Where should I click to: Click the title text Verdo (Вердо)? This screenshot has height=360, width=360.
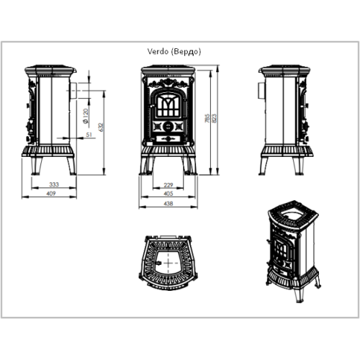174,52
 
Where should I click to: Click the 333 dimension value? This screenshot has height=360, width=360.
54,184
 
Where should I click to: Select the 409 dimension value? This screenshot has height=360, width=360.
51,194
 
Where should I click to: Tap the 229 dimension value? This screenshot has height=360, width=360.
168,185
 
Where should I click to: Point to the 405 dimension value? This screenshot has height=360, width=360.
168,194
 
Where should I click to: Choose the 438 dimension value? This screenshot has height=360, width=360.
168,204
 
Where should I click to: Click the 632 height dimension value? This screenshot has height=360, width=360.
101,127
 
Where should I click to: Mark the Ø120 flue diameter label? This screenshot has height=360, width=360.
86,116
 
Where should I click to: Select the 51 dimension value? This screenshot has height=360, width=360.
89,135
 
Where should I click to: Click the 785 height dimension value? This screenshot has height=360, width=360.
207,118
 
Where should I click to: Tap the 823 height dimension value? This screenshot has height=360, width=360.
214,118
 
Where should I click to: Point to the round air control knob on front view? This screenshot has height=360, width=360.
168,125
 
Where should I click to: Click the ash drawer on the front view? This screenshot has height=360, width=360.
168,138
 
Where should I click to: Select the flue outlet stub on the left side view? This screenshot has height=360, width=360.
73,91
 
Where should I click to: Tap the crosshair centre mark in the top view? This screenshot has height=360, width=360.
168,263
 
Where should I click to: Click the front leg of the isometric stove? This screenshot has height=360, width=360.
300,294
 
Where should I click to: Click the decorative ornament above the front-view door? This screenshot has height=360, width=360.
168,83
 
